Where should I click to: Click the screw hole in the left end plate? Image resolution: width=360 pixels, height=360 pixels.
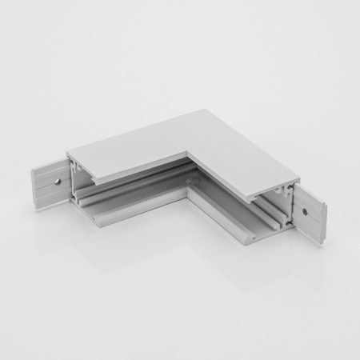pyautogui.click(x=58, y=181)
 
